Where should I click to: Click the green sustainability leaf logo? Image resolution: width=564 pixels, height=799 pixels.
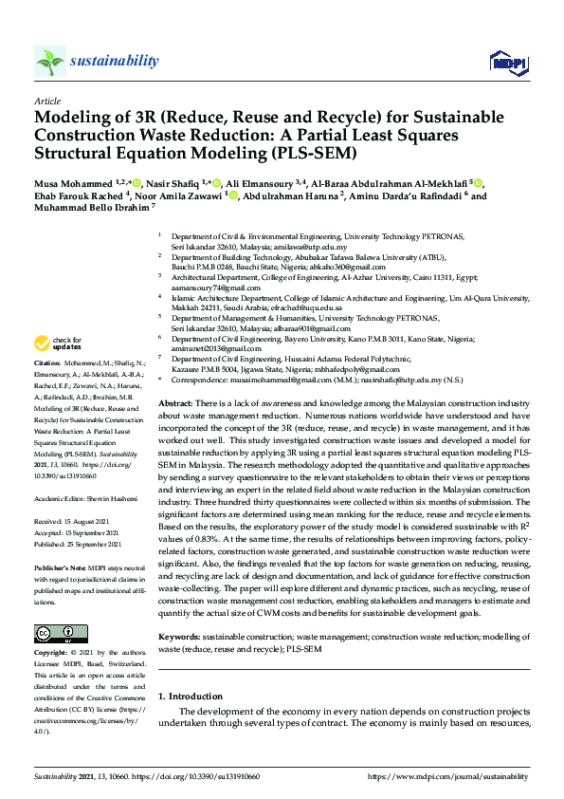50,62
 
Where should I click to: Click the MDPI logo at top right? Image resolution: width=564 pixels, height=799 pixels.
506,63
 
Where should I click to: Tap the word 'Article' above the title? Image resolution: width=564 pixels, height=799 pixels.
46,101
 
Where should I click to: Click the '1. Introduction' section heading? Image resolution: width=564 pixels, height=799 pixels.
190,697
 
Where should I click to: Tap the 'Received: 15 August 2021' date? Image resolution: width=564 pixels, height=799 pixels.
78,522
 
